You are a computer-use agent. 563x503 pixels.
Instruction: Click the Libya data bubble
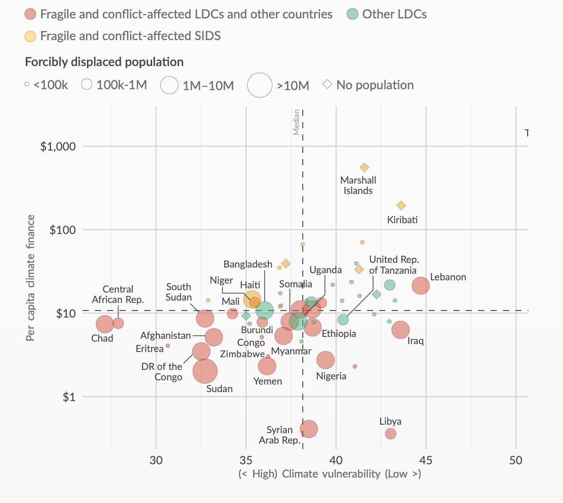point(391,433)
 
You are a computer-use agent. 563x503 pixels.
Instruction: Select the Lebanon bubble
point(420,285)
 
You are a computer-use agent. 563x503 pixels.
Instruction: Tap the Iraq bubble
point(401,330)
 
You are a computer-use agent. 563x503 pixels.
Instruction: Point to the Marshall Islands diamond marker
point(364,168)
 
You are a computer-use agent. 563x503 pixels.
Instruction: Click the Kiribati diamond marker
point(401,205)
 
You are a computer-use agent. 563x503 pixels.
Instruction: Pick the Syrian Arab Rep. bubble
point(309,429)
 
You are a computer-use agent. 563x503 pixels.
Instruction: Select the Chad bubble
point(105,324)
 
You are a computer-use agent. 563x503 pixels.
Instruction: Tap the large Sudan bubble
point(205,371)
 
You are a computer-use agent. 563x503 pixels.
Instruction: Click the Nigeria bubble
point(325,360)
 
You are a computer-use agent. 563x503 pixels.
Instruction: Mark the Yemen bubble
point(267,366)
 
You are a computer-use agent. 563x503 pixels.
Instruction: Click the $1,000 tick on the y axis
point(58,146)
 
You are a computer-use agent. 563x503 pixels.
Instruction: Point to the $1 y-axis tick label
point(69,397)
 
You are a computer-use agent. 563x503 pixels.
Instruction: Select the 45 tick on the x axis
point(426,460)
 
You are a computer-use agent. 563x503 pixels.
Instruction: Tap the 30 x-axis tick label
point(156,460)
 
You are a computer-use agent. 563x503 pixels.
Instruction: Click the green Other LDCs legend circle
point(353,14)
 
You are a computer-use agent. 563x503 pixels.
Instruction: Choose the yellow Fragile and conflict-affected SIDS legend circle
point(31,36)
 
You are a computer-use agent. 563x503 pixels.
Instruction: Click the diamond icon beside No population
point(327,85)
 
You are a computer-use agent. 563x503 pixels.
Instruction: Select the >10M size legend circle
point(260,85)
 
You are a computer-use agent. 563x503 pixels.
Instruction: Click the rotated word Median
point(296,122)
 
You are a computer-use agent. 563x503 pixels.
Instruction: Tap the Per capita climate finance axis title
point(31,278)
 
